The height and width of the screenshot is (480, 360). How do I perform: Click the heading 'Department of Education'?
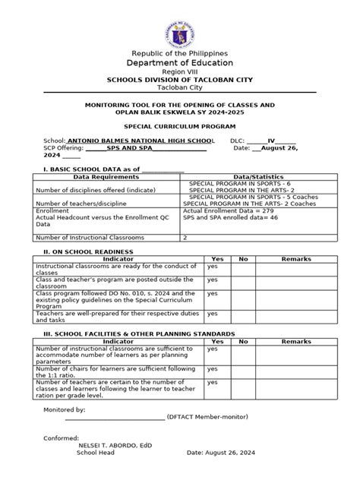pos(180,63)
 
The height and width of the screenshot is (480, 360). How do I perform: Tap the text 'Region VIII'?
pos(180,72)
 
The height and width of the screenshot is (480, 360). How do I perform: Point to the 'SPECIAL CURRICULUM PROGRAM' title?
pos(180,126)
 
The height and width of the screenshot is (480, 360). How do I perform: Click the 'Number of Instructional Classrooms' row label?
pos(89,238)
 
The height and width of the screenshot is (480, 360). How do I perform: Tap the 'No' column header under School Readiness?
pos(243,259)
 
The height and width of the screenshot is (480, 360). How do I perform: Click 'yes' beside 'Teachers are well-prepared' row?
pos(213,313)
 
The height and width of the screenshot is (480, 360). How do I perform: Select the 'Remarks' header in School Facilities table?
pos(296,342)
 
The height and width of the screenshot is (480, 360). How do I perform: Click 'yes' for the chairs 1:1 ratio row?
pos(213,368)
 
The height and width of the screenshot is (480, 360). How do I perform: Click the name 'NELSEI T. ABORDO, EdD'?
pos(114,445)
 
